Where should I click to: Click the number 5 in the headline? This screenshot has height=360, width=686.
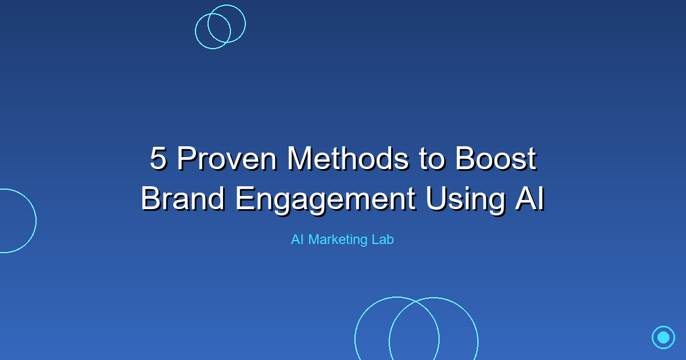tap(158, 159)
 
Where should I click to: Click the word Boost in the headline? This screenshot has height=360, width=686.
tap(496, 159)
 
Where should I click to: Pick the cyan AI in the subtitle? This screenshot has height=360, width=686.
tap(297, 240)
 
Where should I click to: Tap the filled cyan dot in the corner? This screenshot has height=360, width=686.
tap(663, 337)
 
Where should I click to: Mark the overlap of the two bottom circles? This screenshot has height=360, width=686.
tap(414, 334)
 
